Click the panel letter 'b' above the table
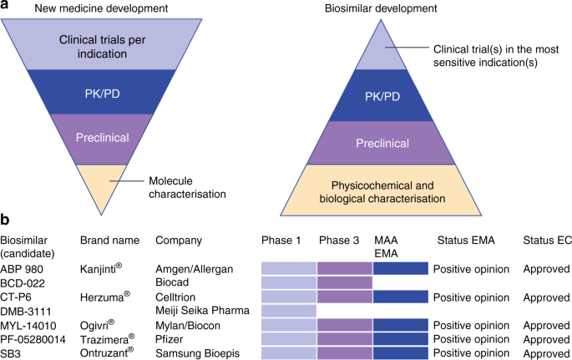click(x=8, y=223)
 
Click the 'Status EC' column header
click(x=547, y=241)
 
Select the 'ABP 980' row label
click(x=21, y=269)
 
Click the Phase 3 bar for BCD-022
click(x=345, y=283)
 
